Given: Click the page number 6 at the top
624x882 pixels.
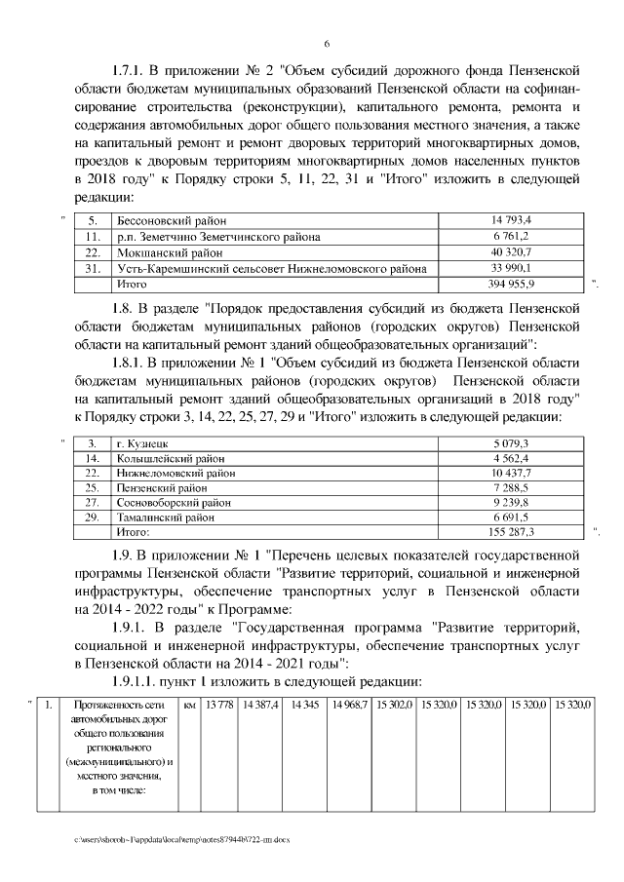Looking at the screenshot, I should (327, 44).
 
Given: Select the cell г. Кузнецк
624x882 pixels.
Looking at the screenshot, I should (143, 443).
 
